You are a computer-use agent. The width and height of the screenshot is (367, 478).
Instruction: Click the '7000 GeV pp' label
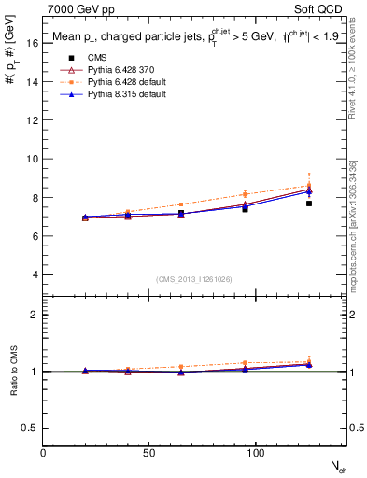[x=75, y=8]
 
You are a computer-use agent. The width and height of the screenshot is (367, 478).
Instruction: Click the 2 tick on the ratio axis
[x=35, y=315]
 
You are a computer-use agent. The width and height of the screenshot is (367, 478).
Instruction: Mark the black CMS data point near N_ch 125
[x=308, y=204]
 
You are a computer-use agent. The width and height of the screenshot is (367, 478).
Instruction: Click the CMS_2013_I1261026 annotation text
[x=194, y=279]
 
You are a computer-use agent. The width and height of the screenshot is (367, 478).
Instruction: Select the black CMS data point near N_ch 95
[x=245, y=209]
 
